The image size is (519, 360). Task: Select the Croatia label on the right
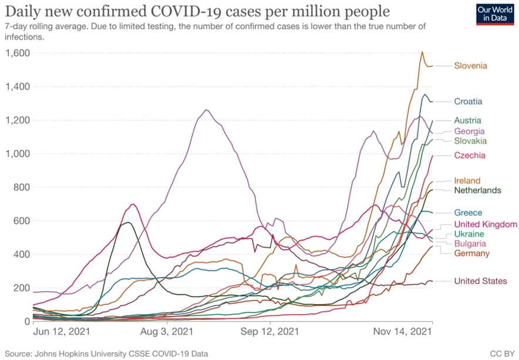coord(468,102)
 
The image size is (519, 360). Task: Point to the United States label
coord(480,281)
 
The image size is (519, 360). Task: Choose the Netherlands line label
coord(477,190)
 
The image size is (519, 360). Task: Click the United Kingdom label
coord(486,224)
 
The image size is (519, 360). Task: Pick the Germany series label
coord(471,253)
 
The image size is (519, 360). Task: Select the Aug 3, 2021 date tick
coord(167,331)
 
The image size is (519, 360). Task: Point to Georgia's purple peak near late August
coord(206,110)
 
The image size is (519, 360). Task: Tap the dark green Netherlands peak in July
coord(127,222)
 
